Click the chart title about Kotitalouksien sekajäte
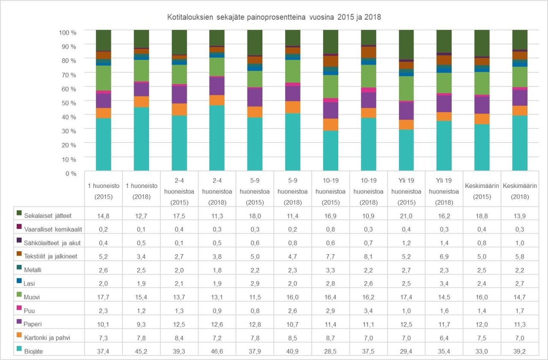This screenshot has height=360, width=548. point(274,18)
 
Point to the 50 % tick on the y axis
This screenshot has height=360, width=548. point(68,103)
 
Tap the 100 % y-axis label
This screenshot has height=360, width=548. point(67,32)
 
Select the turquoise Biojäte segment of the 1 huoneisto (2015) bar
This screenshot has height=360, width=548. point(104,144)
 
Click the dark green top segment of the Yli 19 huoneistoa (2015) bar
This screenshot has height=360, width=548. point(406,45)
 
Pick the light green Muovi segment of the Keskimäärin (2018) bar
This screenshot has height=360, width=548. point(520,77)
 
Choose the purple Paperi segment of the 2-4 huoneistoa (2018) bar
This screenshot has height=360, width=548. point(217,86)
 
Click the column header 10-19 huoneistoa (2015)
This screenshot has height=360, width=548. point(331,191)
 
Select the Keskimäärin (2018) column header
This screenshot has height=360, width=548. point(520,191)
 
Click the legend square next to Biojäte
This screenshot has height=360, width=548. point(19,350)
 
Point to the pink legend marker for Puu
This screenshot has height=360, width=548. point(19,310)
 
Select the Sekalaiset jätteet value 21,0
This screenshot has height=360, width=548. point(406,216)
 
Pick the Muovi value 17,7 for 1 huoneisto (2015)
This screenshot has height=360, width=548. point(104,297)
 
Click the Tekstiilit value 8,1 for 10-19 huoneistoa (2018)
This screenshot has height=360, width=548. point(369,256)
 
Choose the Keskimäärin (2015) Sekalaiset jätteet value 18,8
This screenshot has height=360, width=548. point(482,216)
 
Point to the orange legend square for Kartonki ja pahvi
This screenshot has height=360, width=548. point(19,337)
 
